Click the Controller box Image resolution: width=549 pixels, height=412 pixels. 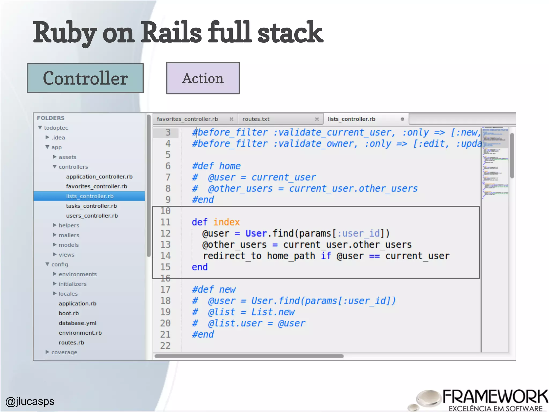(85, 78)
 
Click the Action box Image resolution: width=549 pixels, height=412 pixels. (203, 78)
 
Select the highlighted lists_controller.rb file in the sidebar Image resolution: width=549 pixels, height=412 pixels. (90, 196)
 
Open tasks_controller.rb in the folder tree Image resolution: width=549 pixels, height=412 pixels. (91, 206)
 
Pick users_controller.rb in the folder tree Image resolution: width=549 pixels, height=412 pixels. (92, 216)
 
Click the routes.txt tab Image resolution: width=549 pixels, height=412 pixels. (256, 119)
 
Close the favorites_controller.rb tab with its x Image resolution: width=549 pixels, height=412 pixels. (231, 119)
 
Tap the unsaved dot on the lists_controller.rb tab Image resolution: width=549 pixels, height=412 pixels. (402, 119)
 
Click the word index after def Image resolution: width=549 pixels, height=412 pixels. (227, 222)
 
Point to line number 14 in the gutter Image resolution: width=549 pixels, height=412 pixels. (165, 256)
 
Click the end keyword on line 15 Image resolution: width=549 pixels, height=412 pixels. (200, 267)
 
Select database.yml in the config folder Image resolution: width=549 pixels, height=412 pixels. (77, 323)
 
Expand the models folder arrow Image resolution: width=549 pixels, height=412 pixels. (55, 245)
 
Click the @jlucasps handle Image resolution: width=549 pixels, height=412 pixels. (30, 401)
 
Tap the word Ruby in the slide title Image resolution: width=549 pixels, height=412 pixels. (64, 33)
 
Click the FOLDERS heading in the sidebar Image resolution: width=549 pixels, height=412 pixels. (51, 118)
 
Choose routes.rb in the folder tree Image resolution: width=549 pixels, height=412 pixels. (71, 343)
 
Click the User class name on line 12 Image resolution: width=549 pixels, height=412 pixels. (256, 233)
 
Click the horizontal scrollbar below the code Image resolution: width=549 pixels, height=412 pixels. (249, 356)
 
